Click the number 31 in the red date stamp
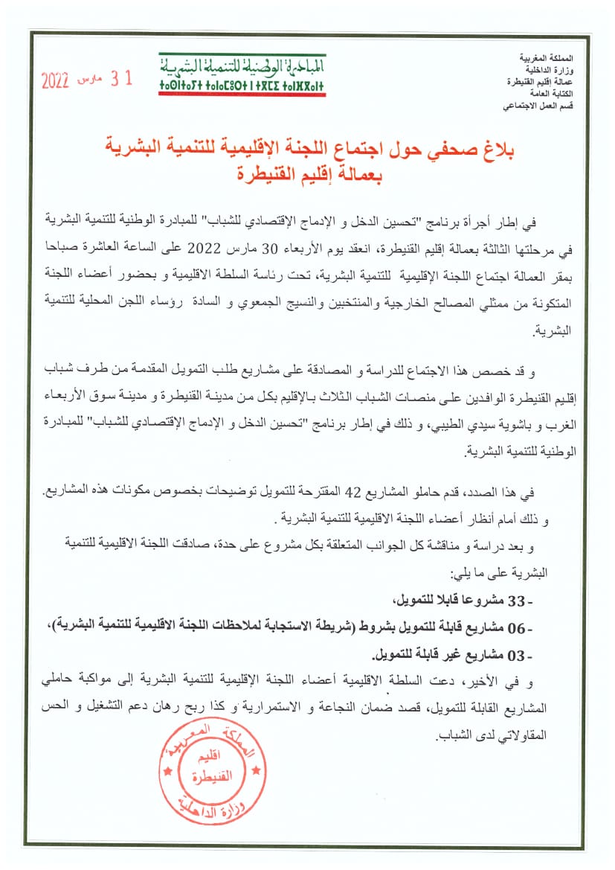121,78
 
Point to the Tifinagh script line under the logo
242,87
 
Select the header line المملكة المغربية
557,58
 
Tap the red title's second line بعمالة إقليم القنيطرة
306,176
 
